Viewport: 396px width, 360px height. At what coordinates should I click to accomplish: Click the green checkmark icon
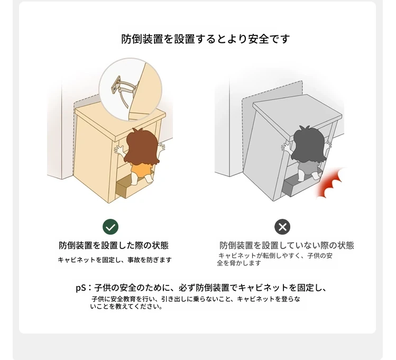pos(110,227)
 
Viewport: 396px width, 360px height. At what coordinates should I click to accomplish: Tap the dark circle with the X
pos(282,227)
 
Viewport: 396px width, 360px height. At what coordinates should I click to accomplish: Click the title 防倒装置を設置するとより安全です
pos(205,39)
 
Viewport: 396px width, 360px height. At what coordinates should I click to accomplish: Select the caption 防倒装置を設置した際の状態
pos(114,245)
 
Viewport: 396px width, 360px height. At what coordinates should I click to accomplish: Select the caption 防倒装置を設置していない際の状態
pos(287,245)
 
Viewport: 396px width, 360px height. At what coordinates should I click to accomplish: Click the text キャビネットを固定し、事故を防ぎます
pos(115,260)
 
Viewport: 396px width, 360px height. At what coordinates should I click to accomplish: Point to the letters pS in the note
pos(81,288)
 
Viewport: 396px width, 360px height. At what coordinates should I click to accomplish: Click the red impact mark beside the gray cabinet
pos(330,182)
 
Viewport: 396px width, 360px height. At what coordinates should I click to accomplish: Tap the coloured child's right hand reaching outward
pos(161,147)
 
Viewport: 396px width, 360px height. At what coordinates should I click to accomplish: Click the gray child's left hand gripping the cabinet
pos(287,147)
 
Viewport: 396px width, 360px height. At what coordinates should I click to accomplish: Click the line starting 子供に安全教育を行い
pos(196,299)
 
